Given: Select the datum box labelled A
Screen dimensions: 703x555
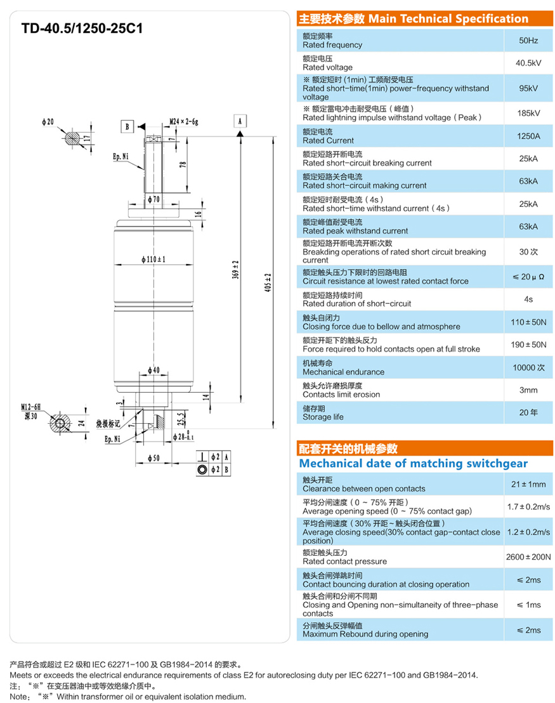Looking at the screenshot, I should pyautogui.click(x=240, y=121).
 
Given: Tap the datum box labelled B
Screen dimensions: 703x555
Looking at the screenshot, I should pyautogui.click(x=127, y=126).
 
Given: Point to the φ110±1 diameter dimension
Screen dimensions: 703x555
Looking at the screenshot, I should pyautogui.click(x=153, y=259).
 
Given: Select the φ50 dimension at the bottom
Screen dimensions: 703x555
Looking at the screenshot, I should pyautogui.click(x=153, y=457).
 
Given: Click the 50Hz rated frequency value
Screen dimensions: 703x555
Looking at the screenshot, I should pyautogui.click(x=528, y=41).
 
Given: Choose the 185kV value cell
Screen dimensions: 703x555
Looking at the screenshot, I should pyautogui.click(x=528, y=113).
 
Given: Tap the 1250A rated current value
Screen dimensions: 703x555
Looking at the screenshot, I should pyautogui.click(x=528, y=136).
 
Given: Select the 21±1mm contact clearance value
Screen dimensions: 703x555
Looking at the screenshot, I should pyautogui.click(x=528, y=484).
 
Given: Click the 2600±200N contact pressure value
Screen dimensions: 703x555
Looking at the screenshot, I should pyautogui.click(x=528, y=556).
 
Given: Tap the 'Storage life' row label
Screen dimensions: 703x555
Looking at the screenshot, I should pyautogui.click(x=323, y=417).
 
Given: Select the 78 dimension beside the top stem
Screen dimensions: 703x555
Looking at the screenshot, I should pyautogui.click(x=183, y=164).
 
